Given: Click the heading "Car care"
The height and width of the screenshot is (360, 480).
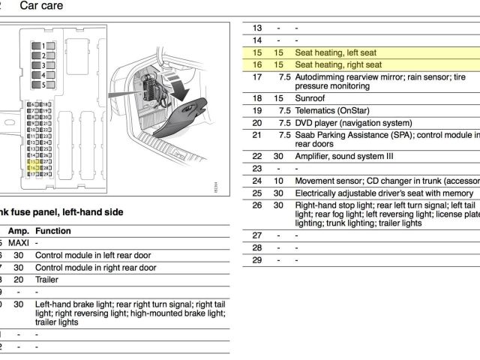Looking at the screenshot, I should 41,7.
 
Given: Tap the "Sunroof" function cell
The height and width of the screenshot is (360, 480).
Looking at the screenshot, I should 311,98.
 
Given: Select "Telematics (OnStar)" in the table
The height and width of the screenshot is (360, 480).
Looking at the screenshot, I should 336,110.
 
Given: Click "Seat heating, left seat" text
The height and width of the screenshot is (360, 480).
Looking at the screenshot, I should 335,53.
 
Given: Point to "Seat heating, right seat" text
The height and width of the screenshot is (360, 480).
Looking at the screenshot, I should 338,65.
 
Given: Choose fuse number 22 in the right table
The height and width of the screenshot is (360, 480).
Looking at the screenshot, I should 257,157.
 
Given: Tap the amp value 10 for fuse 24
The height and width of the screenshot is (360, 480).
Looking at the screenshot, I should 278,181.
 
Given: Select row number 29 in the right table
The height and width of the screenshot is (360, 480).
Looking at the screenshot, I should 257,259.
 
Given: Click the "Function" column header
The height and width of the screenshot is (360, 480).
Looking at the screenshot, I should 53,231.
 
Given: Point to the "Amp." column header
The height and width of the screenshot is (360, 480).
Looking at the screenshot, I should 18,231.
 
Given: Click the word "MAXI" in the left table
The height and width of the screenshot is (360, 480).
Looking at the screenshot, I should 19,243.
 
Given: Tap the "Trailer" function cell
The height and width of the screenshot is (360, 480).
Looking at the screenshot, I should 47,279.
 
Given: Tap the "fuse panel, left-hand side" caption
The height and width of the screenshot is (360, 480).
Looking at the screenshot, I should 64,212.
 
